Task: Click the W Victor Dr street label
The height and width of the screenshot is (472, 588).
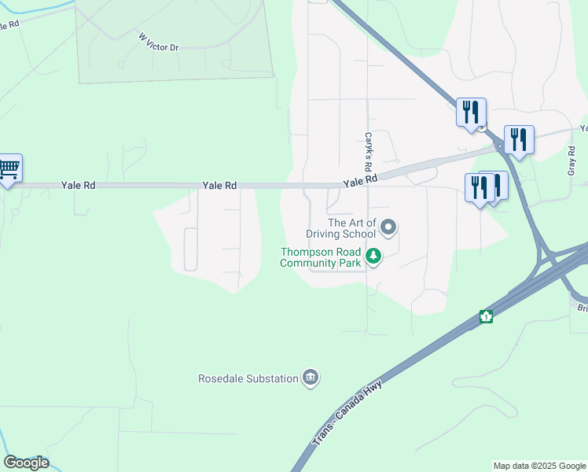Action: point(159,42)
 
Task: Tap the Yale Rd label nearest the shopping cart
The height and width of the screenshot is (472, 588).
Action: point(79,186)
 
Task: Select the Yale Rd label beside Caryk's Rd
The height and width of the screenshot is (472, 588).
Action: point(360,180)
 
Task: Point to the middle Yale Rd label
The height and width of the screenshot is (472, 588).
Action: point(219,186)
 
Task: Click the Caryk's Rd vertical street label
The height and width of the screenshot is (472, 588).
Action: point(367,152)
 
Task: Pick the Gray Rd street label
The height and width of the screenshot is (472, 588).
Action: point(571,160)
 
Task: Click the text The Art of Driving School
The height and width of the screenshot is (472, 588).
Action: point(352,228)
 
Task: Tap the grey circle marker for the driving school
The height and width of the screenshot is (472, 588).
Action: point(388,228)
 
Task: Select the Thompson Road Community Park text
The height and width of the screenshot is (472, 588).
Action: point(322,257)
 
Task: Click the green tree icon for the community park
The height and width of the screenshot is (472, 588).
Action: point(373,256)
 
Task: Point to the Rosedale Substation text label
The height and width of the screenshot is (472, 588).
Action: point(248,378)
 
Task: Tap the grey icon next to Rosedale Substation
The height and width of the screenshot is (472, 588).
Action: point(311,378)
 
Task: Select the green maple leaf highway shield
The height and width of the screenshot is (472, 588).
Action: point(487,317)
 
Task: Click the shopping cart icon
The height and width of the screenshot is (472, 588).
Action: point(8,168)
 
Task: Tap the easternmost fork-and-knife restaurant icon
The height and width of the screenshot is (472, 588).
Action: point(519,139)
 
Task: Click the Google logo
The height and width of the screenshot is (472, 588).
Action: point(26,463)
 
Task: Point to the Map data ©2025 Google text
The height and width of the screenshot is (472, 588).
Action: point(538,466)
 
